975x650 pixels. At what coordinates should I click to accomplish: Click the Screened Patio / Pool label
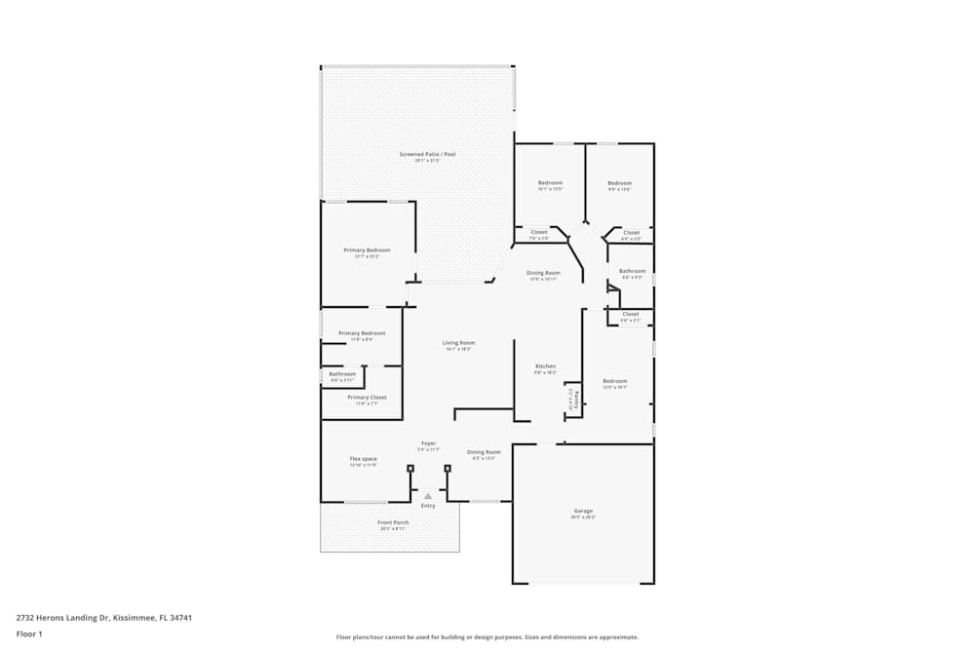[x=427, y=154]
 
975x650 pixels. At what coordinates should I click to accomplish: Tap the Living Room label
[x=459, y=342]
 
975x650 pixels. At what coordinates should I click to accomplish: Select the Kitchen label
[x=545, y=366]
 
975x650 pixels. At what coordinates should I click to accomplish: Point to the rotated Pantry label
[x=576, y=399]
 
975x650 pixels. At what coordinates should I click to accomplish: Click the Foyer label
[x=428, y=443]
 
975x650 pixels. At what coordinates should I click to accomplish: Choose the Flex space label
[x=363, y=458]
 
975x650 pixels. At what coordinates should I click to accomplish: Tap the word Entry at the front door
[x=428, y=506]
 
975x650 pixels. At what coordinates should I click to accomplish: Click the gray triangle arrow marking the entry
[x=428, y=497]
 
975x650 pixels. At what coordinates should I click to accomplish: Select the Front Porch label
[x=393, y=522]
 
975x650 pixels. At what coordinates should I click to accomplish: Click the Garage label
[x=583, y=511]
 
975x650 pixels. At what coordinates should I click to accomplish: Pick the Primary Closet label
[x=367, y=397]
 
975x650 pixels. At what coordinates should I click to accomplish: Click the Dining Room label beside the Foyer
[x=484, y=451]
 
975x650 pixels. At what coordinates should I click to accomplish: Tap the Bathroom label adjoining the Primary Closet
[x=342, y=373]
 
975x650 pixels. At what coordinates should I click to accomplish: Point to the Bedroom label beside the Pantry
[x=614, y=381]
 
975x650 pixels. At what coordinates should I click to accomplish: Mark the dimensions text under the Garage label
[x=583, y=517]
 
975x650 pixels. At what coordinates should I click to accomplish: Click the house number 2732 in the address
[x=26, y=617]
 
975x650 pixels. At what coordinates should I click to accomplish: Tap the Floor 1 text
[x=29, y=633]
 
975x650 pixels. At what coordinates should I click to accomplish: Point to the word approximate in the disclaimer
[x=619, y=637]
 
